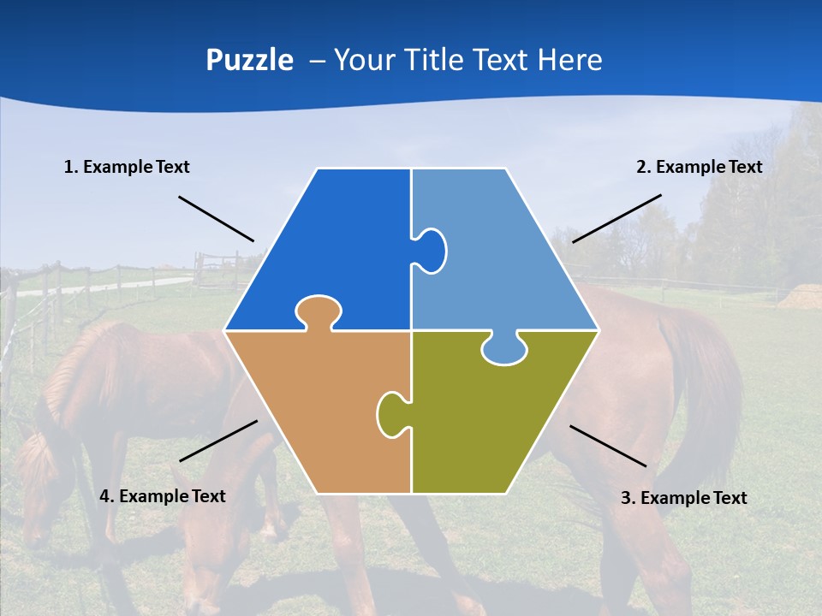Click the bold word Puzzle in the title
pos(249,61)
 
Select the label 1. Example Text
pos(127,167)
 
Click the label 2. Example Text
pos(699,167)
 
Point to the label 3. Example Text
pos(683,498)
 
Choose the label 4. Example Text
pos(163,496)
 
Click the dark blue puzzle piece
pos(334,248)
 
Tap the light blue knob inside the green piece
pos(504,349)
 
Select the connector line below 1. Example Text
pos(216,218)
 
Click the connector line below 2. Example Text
pos(616,218)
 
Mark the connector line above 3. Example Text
pos(608,446)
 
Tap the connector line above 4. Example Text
pos(218,441)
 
